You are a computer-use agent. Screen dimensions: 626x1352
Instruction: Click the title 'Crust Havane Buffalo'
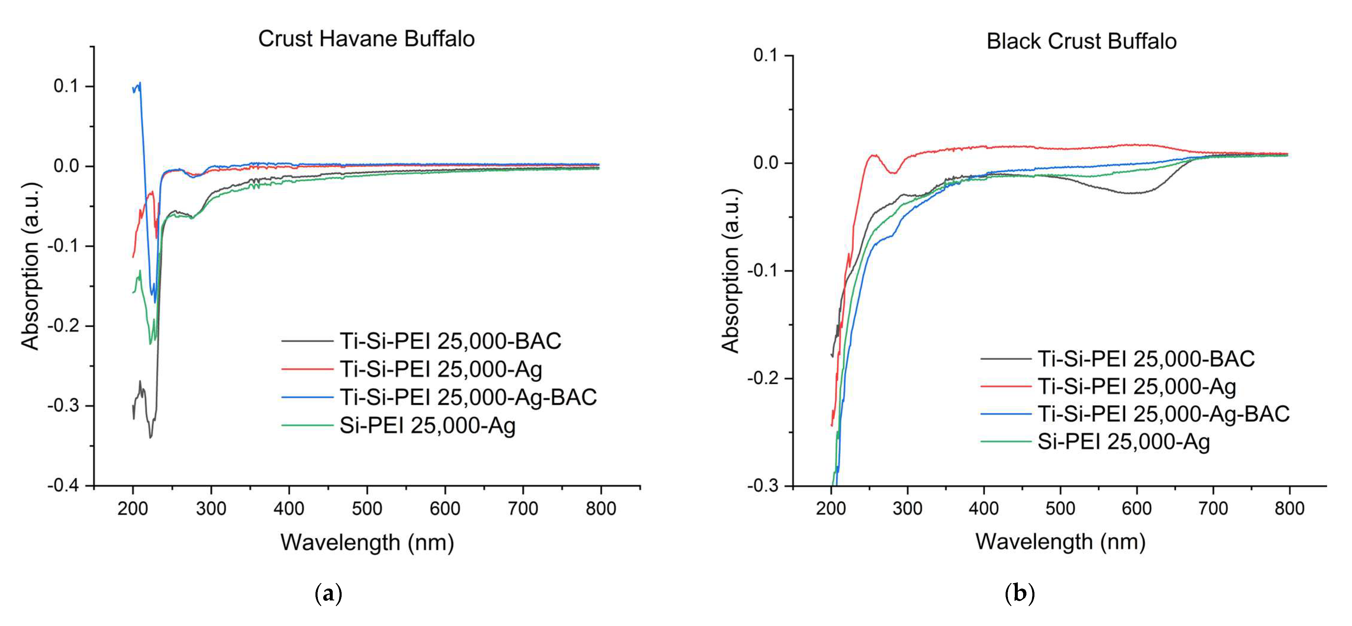coord(366,39)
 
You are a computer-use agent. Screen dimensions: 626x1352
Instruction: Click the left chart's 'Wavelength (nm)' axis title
coord(367,542)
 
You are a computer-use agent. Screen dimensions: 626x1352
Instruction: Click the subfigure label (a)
coord(329,594)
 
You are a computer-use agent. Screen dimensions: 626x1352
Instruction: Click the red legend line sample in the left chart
coord(307,369)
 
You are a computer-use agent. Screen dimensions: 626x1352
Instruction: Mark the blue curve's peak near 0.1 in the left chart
coord(140,83)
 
